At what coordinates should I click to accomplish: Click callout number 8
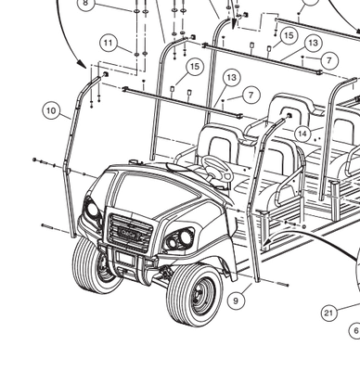[86, 4]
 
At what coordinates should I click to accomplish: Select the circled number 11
[109, 43]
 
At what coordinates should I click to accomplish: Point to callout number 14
[302, 134]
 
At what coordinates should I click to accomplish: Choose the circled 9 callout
[236, 300]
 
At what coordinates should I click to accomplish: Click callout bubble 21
[328, 313]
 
